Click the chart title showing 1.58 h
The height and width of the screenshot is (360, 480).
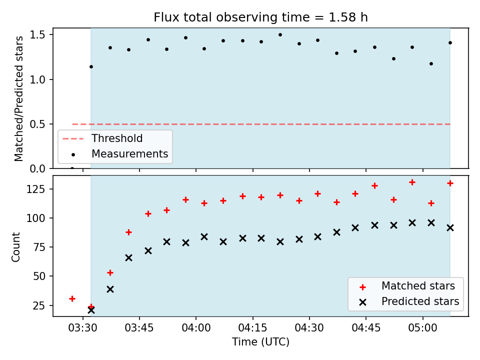(260, 17)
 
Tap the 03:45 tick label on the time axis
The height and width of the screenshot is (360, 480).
(139, 328)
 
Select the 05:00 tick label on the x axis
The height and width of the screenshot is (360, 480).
(423, 328)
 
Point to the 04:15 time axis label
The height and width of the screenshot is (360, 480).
(253, 328)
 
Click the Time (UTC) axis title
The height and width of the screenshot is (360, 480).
(260, 341)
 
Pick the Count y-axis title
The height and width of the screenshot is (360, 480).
(15, 247)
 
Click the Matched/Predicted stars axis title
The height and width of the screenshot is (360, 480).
(18, 98)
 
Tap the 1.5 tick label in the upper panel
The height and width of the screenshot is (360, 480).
(37, 35)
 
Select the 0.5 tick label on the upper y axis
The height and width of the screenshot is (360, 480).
(37, 124)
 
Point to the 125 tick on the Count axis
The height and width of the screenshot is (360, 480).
(35, 189)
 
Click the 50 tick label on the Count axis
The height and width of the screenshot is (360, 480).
(39, 276)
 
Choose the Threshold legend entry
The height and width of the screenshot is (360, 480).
(117, 138)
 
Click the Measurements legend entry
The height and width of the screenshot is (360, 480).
(130, 153)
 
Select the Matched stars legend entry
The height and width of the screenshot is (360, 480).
(418, 286)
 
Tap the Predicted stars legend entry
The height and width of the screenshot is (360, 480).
(420, 301)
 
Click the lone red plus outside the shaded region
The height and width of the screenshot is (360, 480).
(72, 299)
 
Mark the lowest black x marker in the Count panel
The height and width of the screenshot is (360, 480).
(91, 310)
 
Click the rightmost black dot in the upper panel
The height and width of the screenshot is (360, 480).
(450, 43)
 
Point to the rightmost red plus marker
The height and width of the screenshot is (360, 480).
(450, 183)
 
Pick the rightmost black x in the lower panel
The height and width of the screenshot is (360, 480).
(450, 228)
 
